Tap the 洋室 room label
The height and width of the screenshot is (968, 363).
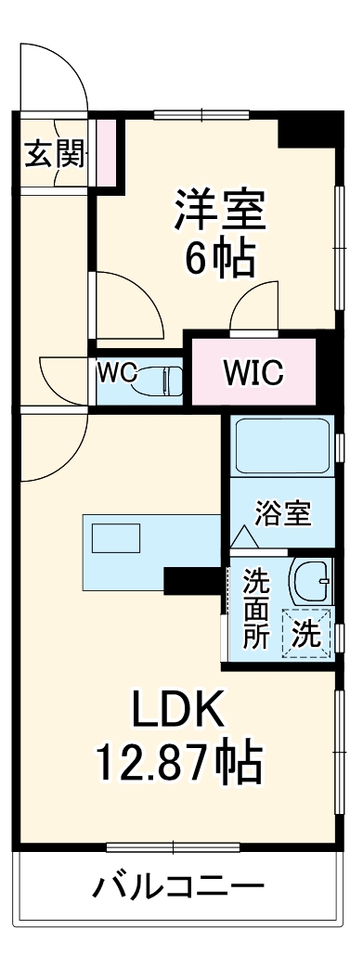click(x=220, y=210)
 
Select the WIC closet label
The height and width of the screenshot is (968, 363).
click(x=252, y=373)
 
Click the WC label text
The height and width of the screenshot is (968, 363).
click(x=119, y=373)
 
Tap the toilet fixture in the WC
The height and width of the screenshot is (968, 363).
click(x=163, y=380)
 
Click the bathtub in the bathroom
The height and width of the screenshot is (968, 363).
click(x=281, y=445)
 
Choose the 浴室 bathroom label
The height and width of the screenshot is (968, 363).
click(x=283, y=514)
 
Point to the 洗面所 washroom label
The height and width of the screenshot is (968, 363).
click(x=256, y=609)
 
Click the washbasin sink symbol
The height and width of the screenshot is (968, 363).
click(x=309, y=581)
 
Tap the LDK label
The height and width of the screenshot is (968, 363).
click(x=177, y=713)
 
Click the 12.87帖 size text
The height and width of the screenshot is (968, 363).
click(x=177, y=764)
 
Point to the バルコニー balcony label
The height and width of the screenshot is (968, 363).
click(x=177, y=887)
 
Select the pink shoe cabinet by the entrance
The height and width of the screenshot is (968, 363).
click(x=107, y=150)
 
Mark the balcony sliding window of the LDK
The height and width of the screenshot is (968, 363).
click(x=173, y=846)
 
